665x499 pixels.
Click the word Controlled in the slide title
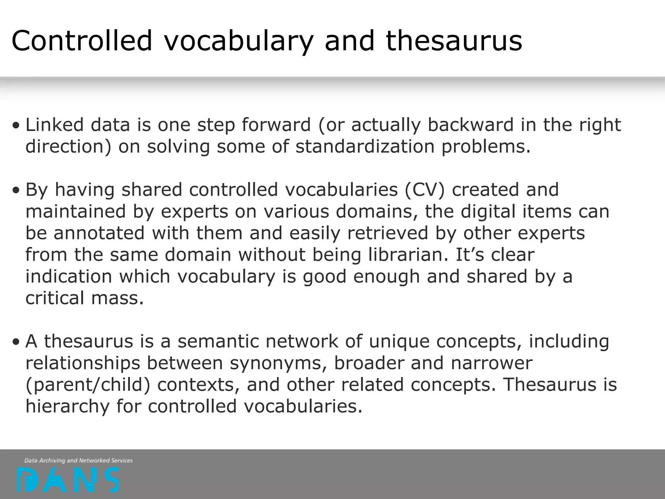pos(82,41)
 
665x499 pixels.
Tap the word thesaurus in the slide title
pos(454,41)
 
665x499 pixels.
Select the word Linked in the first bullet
pos(55,125)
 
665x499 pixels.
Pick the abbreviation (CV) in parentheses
pos(424,190)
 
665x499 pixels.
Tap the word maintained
pos(75,211)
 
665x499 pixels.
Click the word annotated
pos(99,233)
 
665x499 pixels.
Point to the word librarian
pos(408,255)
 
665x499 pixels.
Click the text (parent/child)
pos(88,385)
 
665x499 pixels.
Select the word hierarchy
pos(68,406)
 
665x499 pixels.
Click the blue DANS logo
pos(67,480)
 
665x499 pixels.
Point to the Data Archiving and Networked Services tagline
pos(79,460)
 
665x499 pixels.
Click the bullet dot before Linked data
pos(16,126)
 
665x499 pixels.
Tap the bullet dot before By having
pos(16,191)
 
